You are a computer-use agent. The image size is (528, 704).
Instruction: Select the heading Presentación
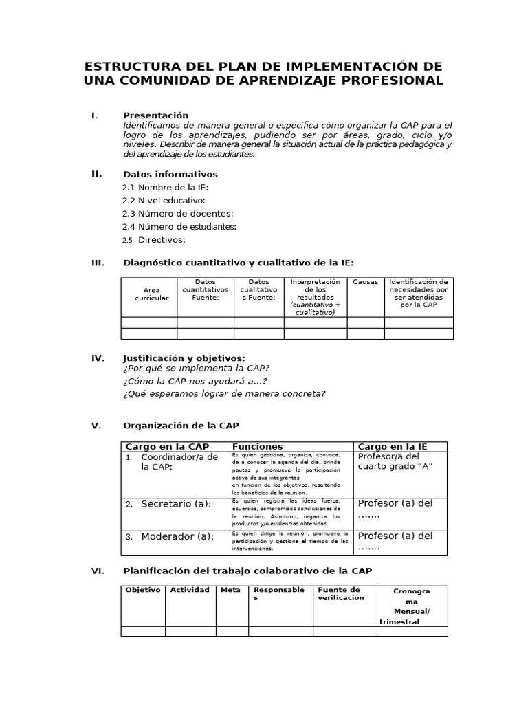coord(155,115)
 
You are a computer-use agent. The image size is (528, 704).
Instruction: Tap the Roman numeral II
coord(97,174)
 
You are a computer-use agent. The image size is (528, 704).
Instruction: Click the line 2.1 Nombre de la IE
coord(165,188)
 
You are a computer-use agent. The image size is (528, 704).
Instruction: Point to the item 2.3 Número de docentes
coord(177,214)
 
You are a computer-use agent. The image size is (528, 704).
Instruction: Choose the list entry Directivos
coord(162,240)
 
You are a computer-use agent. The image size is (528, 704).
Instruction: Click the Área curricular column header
coord(151,294)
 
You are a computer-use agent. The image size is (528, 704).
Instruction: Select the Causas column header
coord(366,282)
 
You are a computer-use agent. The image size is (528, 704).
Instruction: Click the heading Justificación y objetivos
coord(184,358)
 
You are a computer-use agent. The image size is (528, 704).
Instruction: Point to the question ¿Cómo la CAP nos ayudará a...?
coord(195,381)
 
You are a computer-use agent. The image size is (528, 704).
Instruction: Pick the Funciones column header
coord(257,447)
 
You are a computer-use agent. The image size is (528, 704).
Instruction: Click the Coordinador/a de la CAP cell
coord(177,462)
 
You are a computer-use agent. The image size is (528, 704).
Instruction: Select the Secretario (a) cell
coord(175,504)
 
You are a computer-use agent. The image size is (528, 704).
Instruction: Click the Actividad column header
coord(190,590)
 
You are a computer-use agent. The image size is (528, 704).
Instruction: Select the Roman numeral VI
coord(98,571)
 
